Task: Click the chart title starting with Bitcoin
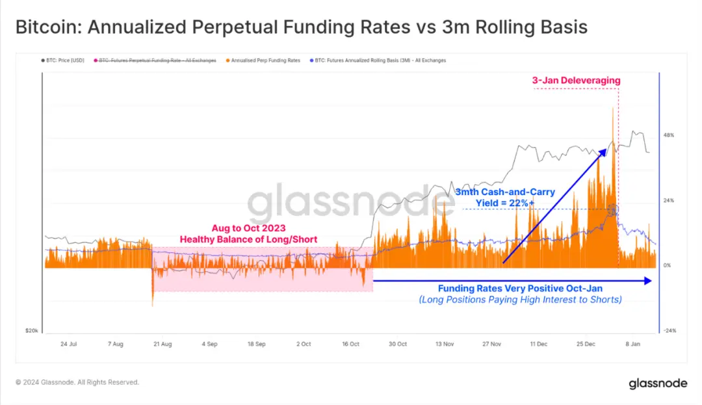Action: (x=301, y=27)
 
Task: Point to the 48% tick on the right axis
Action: (x=668, y=135)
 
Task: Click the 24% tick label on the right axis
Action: (x=668, y=200)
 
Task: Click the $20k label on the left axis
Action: (x=31, y=330)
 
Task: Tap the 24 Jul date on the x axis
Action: (x=68, y=343)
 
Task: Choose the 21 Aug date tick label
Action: (x=162, y=343)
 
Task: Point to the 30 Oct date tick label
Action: (x=397, y=343)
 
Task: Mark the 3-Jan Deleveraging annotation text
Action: (x=576, y=81)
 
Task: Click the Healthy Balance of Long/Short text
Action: (x=248, y=239)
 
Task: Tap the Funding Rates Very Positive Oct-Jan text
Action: (x=519, y=289)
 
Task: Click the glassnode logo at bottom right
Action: (x=658, y=384)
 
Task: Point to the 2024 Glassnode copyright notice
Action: (x=77, y=382)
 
